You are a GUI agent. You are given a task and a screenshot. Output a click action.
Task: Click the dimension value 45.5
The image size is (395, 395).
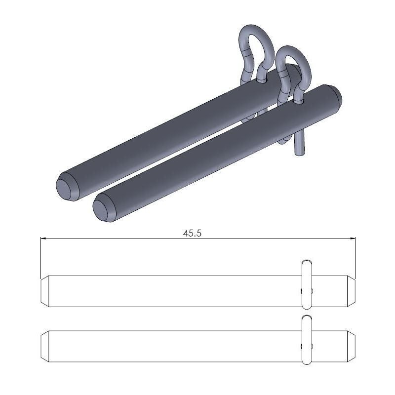point(192,234)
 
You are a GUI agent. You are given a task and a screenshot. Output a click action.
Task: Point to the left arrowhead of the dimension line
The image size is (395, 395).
point(42,238)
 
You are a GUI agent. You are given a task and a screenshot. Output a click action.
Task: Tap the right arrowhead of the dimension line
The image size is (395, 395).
point(353,238)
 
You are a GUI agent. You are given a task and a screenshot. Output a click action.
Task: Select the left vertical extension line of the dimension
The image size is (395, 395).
point(40,257)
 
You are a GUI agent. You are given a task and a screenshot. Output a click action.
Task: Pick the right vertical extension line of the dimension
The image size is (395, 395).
point(355,257)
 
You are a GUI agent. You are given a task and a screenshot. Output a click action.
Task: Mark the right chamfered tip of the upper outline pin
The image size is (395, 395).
point(351,291)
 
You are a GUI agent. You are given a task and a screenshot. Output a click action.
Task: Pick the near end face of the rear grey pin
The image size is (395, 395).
point(66,188)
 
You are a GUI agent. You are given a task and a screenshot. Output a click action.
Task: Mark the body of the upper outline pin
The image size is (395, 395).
point(173,291)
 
